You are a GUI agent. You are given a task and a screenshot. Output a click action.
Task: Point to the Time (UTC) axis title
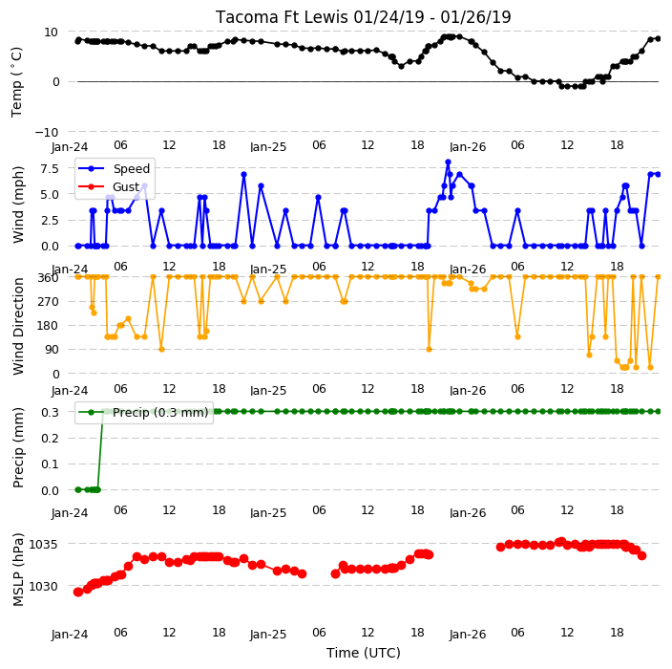pyautogui.click(x=364, y=653)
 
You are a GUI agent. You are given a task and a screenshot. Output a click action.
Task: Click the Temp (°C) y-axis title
pyautogui.click(x=17, y=82)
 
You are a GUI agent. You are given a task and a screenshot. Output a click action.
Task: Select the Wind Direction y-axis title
pyautogui.click(x=18, y=326)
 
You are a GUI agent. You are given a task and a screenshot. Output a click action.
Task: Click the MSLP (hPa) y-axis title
pyautogui.click(x=18, y=570)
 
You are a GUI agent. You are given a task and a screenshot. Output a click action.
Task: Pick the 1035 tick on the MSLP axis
pyautogui.click(x=43, y=544)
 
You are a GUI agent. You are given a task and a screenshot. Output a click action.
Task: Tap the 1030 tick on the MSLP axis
pyautogui.click(x=43, y=586)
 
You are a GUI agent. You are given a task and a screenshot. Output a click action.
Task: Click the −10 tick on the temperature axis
pyautogui.click(x=46, y=132)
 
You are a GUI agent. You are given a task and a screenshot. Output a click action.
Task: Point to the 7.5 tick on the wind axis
pyautogui.click(x=50, y=168)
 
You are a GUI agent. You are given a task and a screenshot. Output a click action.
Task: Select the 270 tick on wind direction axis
pyautogui.click(x=49, y=302)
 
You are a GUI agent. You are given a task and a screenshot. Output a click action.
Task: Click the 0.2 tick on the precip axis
pyautogui.click(x=50, y=438)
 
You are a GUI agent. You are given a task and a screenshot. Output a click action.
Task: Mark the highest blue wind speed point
pyautogui.click(x=448, y=162)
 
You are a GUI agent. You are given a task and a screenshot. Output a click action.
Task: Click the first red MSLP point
pyautogui.click(x=78, y=592)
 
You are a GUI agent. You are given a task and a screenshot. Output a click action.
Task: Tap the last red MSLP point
pyautogui.click(x=641, y=555)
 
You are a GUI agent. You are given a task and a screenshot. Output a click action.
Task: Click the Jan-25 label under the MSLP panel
pyautogui.click(x=268, y=635)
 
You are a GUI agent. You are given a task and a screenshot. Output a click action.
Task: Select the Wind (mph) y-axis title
pyautogui.click(x=18, y=205)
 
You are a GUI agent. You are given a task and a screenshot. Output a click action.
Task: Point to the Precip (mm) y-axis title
pyautogui.click(x=18, y=447)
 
